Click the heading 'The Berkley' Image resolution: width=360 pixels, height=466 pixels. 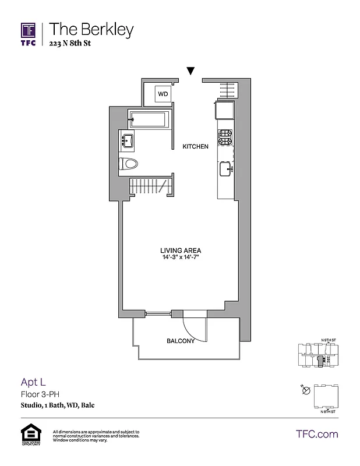[91, 29]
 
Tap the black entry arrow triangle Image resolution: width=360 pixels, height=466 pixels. [190, 71]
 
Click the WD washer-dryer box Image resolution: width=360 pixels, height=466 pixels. [163, 93]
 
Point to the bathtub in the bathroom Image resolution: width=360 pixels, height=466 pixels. [149, 120]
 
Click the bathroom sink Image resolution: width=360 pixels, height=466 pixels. [128, 140]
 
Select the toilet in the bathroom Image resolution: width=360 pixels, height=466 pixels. [128, 164]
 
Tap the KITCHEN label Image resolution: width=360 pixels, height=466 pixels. [195, 147]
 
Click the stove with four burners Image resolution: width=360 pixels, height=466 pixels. [225, 137]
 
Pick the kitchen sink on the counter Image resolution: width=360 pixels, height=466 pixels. [225, 169]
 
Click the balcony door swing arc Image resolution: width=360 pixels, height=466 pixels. [193, 329]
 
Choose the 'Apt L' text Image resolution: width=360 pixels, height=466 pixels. [33, 382]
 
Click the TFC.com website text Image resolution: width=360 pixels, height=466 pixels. [317, 434]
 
